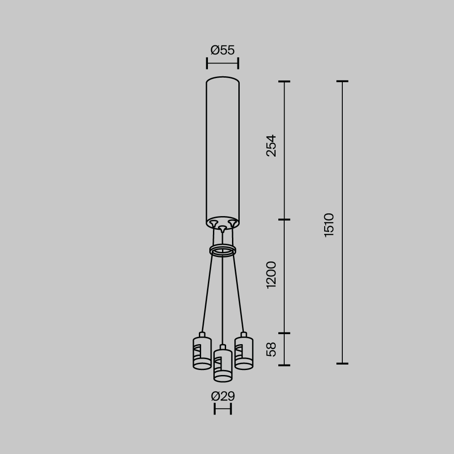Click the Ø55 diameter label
[222, 50]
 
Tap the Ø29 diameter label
[223, 396]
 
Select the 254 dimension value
[271, 145]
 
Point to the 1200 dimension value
[271, 275]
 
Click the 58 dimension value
[271, 349]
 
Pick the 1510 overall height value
[329, 225]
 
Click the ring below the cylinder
[222, 250]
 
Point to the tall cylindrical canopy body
[222, 150]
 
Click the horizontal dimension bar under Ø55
[222, 64]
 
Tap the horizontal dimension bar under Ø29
[223, 409]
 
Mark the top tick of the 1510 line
[342, 82]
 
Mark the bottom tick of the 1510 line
[342, 363]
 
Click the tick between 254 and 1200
[284, 220]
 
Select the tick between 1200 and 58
[284, 333]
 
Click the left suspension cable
[207, 295]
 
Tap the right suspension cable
[238, 295]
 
